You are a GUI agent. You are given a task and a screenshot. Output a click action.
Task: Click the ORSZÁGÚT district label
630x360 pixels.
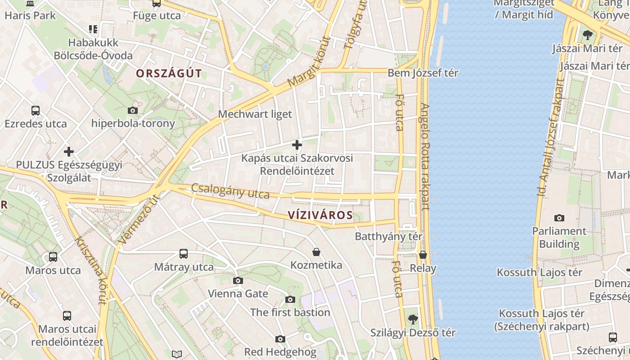[169, 73]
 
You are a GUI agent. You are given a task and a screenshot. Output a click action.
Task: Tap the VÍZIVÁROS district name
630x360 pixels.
[320, 215]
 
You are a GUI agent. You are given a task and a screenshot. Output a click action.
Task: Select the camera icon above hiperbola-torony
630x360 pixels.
[133, 110]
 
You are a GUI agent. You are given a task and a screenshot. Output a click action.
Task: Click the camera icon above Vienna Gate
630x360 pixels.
[238, 281]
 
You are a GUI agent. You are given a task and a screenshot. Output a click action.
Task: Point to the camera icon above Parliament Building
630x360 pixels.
[559, 218]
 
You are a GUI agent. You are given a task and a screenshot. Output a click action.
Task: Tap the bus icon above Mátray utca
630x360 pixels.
[184, 254]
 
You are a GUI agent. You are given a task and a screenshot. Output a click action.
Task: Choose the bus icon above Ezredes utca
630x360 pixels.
[35, 111]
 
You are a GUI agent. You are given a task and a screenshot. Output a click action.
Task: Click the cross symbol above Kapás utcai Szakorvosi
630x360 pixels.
[297, 145]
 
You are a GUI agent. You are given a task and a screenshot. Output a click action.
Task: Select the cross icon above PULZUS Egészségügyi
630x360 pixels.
[69, 152]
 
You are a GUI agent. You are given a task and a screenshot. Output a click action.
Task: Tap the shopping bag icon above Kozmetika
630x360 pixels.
[316, 252]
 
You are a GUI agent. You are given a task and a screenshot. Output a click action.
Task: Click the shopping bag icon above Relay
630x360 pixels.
[423, 255]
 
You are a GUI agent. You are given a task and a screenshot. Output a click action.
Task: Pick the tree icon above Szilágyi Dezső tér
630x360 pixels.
[413, 320]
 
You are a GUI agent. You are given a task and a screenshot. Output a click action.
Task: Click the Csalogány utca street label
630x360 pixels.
[230, 191]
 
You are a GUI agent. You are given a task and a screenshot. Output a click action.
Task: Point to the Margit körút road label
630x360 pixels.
[309, 62]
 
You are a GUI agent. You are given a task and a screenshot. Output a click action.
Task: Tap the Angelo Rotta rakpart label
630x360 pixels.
[425, 157]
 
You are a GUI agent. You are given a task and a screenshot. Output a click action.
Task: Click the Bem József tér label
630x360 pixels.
[423, 73]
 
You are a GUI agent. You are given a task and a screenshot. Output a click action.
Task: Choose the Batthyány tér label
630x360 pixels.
[389, 236]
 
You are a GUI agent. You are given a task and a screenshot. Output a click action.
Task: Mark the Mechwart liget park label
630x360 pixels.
[255, 114]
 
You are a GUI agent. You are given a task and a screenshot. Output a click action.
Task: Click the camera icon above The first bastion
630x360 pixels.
[290, 299]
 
